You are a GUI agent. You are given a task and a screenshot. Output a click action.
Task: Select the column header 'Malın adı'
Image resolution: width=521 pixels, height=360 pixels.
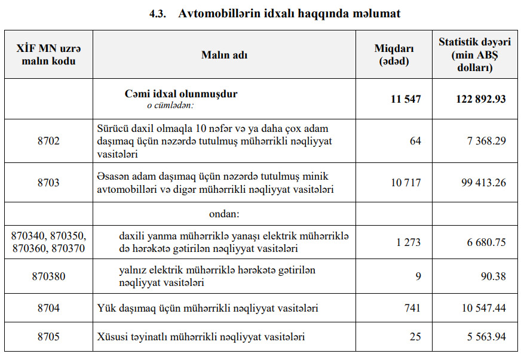[225, 55]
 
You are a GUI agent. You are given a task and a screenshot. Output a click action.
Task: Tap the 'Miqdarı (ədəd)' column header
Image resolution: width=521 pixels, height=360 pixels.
[394, 55]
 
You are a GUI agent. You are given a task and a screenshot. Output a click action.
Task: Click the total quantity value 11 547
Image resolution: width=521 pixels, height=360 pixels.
[406, 99]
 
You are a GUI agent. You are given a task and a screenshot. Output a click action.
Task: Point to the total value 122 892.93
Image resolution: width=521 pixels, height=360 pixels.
[480, 99]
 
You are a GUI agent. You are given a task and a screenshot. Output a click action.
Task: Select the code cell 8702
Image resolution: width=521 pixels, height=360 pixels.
[48, 141]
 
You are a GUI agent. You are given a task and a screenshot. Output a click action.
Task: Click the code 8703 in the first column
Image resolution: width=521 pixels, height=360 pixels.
[48, 183]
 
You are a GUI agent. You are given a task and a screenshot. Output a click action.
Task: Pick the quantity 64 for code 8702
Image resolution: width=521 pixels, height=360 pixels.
[415, 141]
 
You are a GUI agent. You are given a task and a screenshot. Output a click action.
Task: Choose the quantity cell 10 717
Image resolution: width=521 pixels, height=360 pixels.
[406, 183]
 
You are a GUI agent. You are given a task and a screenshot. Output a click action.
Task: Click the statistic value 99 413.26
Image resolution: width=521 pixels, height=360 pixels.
[483, 183]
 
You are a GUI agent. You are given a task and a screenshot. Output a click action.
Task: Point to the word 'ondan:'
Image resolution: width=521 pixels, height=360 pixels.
[224, 213]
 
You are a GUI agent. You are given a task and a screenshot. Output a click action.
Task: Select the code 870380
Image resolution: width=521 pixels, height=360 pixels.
[48, 276]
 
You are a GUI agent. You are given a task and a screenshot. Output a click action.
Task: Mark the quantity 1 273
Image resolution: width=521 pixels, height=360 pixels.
[408, 242]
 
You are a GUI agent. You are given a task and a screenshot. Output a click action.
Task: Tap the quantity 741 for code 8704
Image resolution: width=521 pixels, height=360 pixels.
[412, 308]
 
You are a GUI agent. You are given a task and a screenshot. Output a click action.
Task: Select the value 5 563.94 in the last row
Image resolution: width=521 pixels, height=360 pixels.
[486, 337]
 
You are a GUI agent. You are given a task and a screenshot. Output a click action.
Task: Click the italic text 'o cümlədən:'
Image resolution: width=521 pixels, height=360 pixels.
[171, 105]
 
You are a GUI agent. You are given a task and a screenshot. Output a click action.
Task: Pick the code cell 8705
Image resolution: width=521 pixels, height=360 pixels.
[48, 337]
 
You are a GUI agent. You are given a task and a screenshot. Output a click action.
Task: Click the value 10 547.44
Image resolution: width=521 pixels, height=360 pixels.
[483, 308]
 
